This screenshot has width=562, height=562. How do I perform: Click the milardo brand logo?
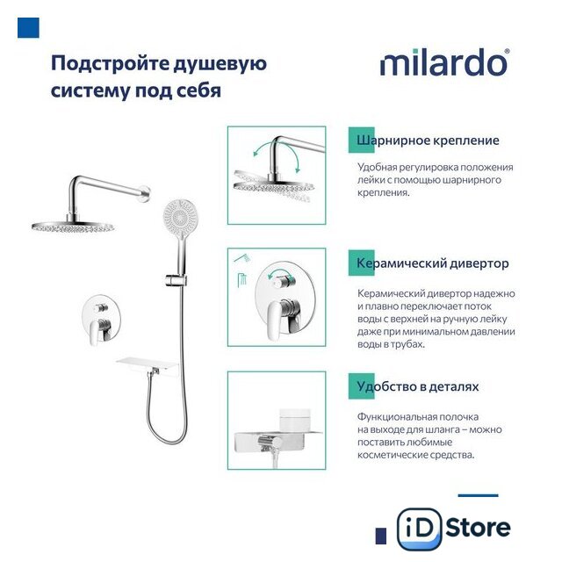click(443, 62)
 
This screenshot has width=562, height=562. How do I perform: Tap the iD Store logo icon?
click(420, 529)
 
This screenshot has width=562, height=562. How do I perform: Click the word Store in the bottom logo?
click(478, 528)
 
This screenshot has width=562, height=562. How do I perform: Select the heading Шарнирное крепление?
click(428, 140)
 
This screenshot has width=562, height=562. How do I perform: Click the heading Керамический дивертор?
click(432, 263)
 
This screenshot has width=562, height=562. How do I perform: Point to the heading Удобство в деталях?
click(418, 386)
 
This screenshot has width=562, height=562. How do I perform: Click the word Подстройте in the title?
click(110, 64)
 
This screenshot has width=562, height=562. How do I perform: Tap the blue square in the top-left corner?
click(28, 27)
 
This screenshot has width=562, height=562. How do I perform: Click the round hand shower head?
click(181, 216)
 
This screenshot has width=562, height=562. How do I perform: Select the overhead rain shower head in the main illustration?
click(73, 227)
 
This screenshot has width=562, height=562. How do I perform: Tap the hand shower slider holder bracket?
click(176, 280)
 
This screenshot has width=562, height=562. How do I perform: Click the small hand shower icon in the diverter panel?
click(242, 257)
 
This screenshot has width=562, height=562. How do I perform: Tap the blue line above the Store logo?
click(478, 495)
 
